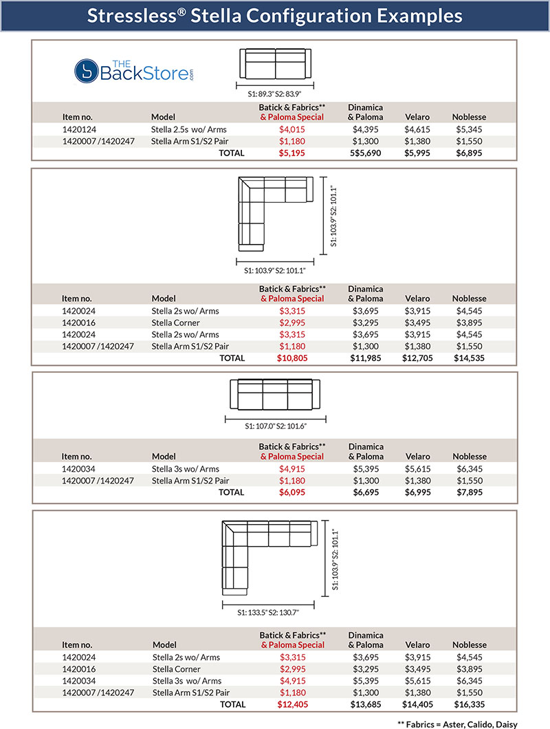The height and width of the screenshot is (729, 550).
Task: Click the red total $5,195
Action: click(x=291, y=153)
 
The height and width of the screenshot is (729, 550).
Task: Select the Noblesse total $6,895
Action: click(x=469, y=153)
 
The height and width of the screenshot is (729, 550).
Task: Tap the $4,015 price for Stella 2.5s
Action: click(x=291, y=129)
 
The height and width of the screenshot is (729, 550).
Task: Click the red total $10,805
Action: click(x=291, y=358)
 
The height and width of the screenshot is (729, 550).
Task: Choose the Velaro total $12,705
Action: click(x=417, y=358)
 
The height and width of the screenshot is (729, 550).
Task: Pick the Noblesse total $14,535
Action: click(x=469, y=358)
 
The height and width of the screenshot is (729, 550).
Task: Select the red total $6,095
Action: click(x=291, y=492)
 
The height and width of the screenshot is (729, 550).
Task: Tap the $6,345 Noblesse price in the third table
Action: click(x=469, y=469)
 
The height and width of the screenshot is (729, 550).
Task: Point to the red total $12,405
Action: click(x=291, y=705)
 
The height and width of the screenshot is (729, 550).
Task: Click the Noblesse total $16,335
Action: click(x=469, y=705)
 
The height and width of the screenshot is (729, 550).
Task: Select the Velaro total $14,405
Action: click(x=417, y=705)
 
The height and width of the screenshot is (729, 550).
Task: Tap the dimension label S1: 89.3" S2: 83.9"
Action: click(x=275, y=94)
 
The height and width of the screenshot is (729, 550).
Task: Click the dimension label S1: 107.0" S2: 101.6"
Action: click(x=275, y=426)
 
